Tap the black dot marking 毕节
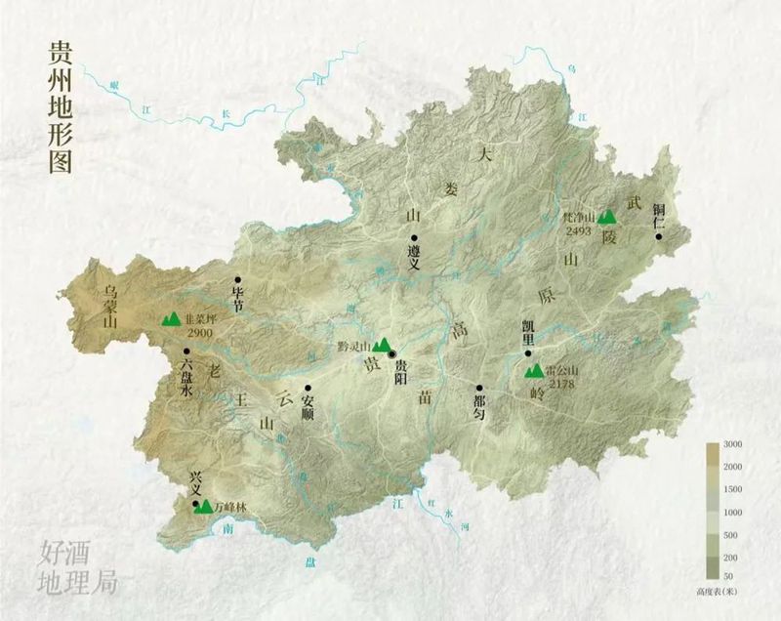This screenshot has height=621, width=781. pos(237,279)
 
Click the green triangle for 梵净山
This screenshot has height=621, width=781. pos(607,216)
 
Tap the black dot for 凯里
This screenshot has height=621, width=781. pos(527,353)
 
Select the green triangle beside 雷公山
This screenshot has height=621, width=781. pos(534,371)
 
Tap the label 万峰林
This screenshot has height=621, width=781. pos(231,507)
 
